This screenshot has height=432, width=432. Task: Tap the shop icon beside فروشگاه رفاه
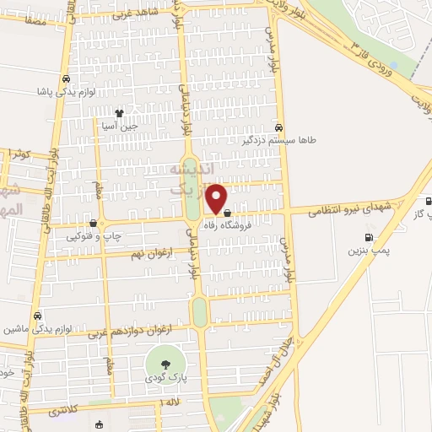point(228,213)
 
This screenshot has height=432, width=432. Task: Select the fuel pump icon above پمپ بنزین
point(368,237)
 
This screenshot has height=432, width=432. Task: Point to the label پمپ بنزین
point(367,251)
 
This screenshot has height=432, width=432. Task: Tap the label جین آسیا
point(119,125)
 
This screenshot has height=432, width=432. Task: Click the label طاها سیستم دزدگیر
point(278,140)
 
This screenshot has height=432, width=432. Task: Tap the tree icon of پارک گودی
point(165,363)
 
